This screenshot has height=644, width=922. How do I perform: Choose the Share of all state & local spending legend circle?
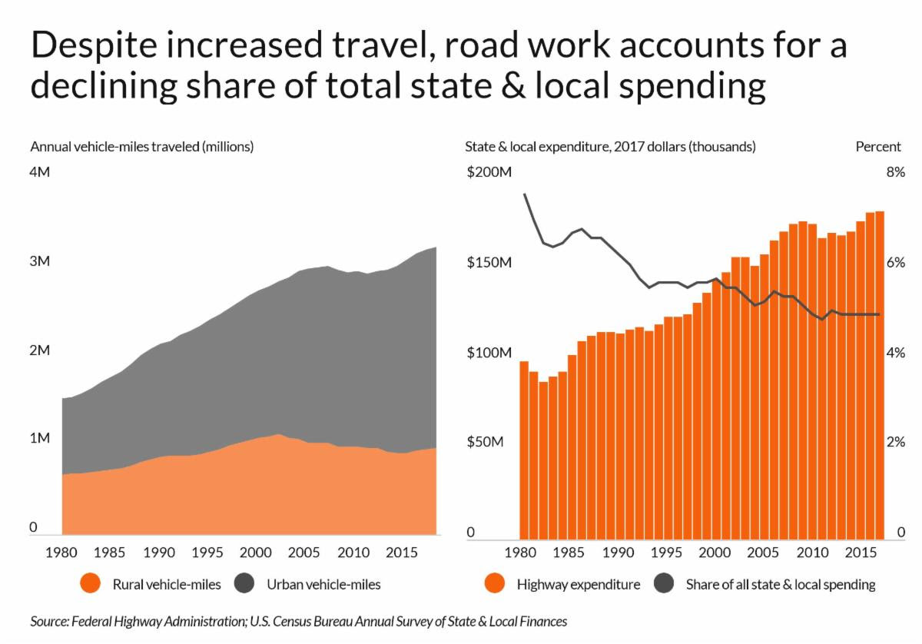(x=665, y=584)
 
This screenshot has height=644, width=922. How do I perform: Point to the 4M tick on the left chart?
(x=40, y=171)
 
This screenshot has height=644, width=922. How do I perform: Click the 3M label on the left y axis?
(x=40, y=261)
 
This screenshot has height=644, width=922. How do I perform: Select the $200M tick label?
(x=489, y=172)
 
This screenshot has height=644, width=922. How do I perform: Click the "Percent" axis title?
(x=878, y=147)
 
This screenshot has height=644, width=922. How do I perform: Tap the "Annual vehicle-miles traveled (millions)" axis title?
(x=141, y=147)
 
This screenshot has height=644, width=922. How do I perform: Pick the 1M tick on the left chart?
(x=40, y=438)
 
